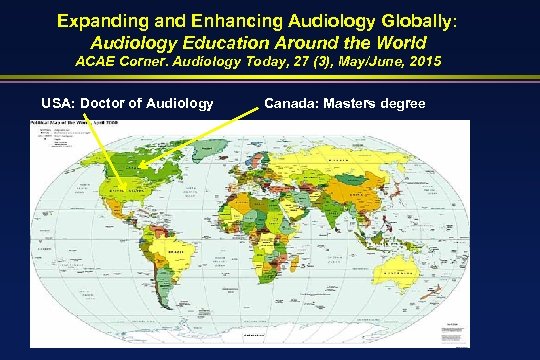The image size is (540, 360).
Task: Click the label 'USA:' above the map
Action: (x=62, y=102)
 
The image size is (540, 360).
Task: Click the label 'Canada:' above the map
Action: (x=294, y=102)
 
